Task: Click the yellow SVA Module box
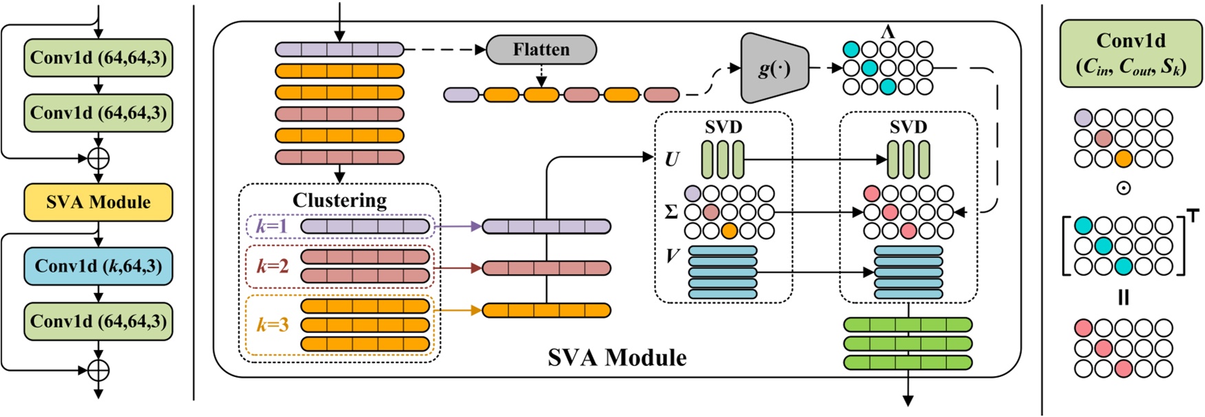[98, 202]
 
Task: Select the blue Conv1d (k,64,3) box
[98, 266]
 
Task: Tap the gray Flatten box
[541, 50]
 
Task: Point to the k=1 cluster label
[272, 226]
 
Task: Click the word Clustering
[340, 200]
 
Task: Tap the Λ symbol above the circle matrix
[888, 32]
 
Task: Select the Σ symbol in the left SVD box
[671, 212]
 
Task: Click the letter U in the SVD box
[671, 159]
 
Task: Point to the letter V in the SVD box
[672, 256]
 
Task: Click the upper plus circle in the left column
[98, 158]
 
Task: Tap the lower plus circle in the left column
[98, 370]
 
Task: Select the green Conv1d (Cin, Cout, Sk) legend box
[1131, 54]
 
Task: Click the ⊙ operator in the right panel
[1123, 188]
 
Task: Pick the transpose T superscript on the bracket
[1193, 217]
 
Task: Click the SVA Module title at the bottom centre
[617, 358]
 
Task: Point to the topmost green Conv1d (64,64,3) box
[98, 58]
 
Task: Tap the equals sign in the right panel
[1123, 297]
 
